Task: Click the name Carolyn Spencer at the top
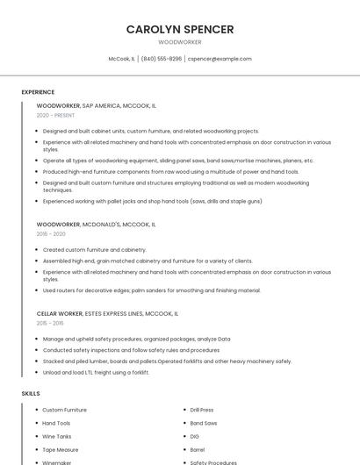coord(180,29)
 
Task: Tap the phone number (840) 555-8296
coord(162,59)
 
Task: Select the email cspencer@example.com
coord(220,59)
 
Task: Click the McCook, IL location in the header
coord(121,59)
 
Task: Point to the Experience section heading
coord(38,92)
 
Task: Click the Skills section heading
coord(31,394)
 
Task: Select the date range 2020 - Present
coord(55,115)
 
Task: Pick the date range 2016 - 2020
coord(51,234)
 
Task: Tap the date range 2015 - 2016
coord(50,323)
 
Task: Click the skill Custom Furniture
coord(64,410)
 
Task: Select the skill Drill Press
coord(202,410)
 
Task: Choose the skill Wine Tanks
coord(57,436)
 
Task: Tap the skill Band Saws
coord(204,423)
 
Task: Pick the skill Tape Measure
coord(61,449)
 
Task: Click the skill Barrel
coord(198,449)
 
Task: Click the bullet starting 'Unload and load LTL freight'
coord(96,372)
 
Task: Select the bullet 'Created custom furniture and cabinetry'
coord(94,250)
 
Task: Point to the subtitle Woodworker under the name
coord(180,42)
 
